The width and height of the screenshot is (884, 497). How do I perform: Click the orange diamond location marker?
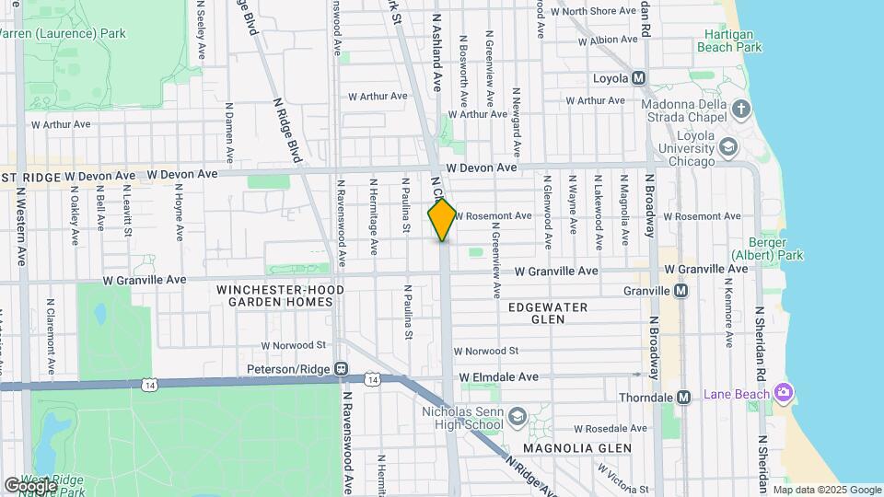442,220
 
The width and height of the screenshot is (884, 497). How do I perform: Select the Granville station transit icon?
680,291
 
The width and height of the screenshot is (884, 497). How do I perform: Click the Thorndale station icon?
683,398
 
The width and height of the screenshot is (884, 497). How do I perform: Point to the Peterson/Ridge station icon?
341,369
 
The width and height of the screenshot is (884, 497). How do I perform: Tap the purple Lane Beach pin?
783,394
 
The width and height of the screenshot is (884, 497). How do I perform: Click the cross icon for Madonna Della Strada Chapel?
742,111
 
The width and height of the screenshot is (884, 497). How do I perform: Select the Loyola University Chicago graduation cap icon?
729,147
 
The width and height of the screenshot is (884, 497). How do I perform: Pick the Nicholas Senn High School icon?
518,417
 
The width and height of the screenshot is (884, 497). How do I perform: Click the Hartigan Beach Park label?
729,40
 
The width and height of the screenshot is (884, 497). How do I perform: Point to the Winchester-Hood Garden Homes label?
280,295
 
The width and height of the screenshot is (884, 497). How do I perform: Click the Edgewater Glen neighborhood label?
547,313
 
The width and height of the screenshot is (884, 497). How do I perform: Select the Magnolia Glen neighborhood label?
577,448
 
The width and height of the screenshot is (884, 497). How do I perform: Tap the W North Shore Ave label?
595,12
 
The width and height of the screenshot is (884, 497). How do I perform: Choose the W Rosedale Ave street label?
611,429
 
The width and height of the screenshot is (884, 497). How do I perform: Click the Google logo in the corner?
30,485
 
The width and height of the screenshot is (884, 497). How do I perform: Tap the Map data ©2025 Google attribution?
826,490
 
